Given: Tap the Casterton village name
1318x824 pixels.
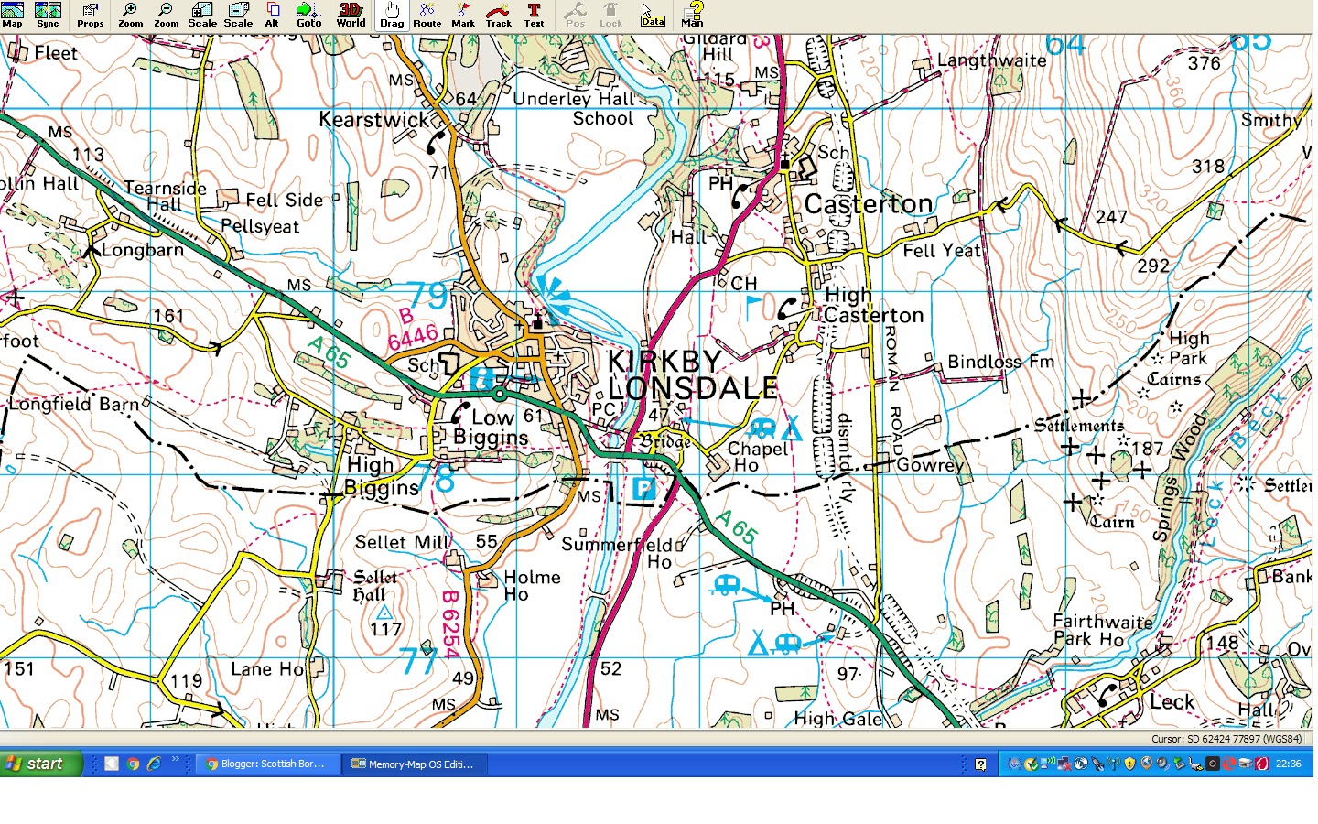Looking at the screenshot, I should point(868,203).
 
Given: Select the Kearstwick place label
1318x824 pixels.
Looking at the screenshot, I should point(373,119).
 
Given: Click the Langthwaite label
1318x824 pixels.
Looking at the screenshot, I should point(991,60).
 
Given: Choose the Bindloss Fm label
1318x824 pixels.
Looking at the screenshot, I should point(1000,362).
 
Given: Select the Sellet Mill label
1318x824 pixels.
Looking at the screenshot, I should point(403,542).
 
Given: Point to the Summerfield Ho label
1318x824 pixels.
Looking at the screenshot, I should point(618,552).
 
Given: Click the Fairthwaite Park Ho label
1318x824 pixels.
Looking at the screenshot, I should point(1101,630).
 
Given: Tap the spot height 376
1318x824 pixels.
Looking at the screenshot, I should point(1204,63).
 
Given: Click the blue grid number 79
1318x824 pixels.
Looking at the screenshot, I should point(427,296).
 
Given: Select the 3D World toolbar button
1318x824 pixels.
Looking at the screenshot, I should point(351,16).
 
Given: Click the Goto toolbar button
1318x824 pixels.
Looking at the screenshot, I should point(308,16).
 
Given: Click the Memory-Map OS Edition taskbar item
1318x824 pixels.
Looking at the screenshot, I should point(414,764).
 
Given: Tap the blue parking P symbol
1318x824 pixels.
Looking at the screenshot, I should point(643,488).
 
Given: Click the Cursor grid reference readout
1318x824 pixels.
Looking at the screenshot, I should point(1226,739).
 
